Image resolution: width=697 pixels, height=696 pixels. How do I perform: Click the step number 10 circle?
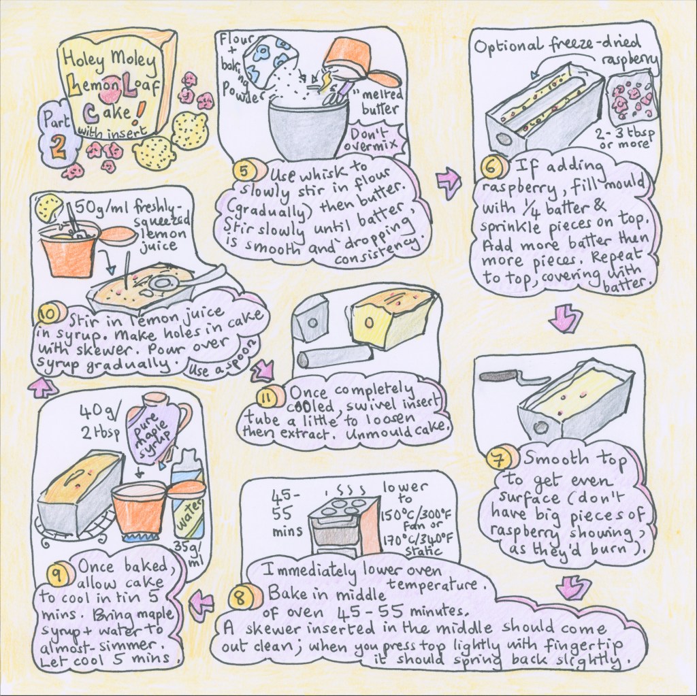point(48,316)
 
